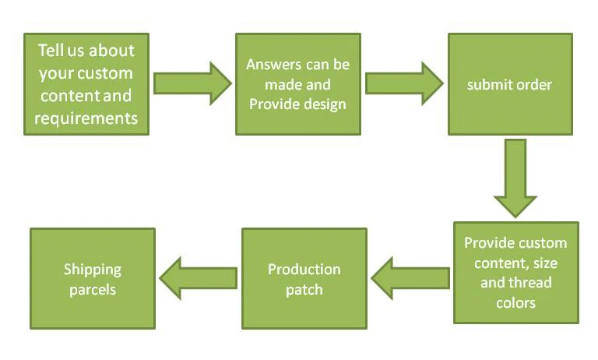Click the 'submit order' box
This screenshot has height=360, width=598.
click(x=510, y=84)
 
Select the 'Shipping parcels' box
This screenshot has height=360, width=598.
click(x=93, y=278)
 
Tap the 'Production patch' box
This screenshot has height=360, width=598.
click(x=304, y=278)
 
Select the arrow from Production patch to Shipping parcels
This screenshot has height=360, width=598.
click(x=198, y=278)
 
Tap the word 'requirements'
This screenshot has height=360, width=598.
click(x=86, y=118)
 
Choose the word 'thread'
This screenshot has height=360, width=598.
click(x=532, y=282)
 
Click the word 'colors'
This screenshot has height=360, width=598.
click(x=515, y=302)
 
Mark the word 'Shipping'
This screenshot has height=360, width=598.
click(x=93, y=270)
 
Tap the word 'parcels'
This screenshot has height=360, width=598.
click(x=93, y=289)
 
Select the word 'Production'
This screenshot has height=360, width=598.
click(x=304, y=270)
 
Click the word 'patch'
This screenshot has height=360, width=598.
click(x=304, y=289)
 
